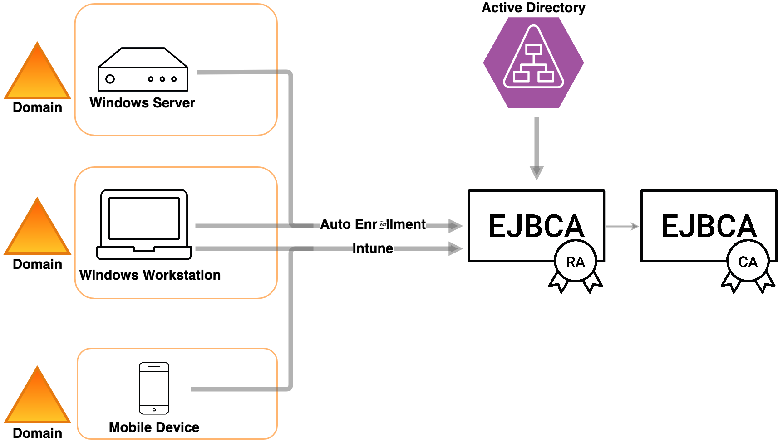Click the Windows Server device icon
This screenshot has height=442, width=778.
(x=143, y=68)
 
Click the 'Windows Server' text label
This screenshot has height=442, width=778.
(x=143, y=103)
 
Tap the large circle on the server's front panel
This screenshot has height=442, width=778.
(x=110, y=79)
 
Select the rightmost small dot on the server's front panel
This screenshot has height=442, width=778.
(x=174, y=79)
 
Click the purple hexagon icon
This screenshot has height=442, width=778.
(x=533, y=63)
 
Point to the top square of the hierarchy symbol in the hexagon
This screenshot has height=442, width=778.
(x=533, y=49)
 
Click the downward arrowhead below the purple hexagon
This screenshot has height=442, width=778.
(x=537, y=173)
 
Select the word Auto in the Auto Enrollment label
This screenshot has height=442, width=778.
(x=335, y=224)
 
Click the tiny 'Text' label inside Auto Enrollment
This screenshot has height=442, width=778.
(x=382, y=224)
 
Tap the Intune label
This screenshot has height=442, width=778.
(x=373, y=248)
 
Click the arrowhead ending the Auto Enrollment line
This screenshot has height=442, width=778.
(x=455, y=225)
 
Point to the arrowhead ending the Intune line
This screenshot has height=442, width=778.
(x=455, y=248)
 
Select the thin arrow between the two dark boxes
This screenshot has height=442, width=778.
(x=622, y=226)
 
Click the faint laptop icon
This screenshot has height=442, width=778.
(x=144, y=224)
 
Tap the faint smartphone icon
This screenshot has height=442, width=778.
(x=154, y=388)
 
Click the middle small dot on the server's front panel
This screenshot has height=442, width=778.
(x=162, y=79)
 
